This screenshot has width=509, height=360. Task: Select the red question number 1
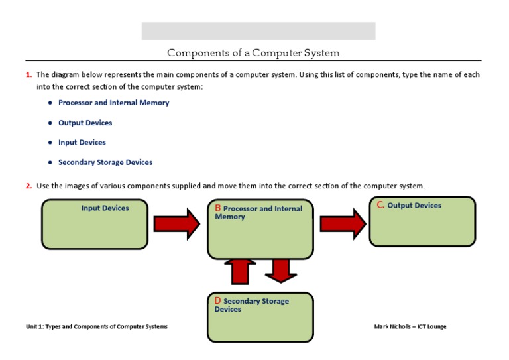(x=28, y=75)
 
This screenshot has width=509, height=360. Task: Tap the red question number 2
(x=28, y=186)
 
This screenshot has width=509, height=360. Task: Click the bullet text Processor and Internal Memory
(x=113, y=103)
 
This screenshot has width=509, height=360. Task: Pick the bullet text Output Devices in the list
(x=85, y=123)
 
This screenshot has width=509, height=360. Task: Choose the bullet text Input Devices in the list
(x=82, y=142)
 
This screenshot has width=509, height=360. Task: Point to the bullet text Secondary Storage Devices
(x=105, y=162)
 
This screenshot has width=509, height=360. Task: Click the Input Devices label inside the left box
(x=105, y=208)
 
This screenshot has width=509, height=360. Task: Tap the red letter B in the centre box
(x=217, y=208)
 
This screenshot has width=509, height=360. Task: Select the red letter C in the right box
(x=380, y=205)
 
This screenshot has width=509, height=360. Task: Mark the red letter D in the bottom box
(x=217, y=301)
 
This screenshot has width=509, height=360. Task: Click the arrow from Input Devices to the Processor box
(x=177, y=224)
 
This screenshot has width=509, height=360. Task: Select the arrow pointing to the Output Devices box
(x=343, y=224)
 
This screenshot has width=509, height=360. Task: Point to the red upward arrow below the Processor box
(x=240, y=272)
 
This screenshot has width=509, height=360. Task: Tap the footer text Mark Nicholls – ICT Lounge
(x=415, y=326)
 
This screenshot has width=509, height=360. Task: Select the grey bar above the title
(x=258, y=31)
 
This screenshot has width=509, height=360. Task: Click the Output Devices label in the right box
(x=414, y=206)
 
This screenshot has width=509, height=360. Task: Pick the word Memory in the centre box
(x=230, y=217)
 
